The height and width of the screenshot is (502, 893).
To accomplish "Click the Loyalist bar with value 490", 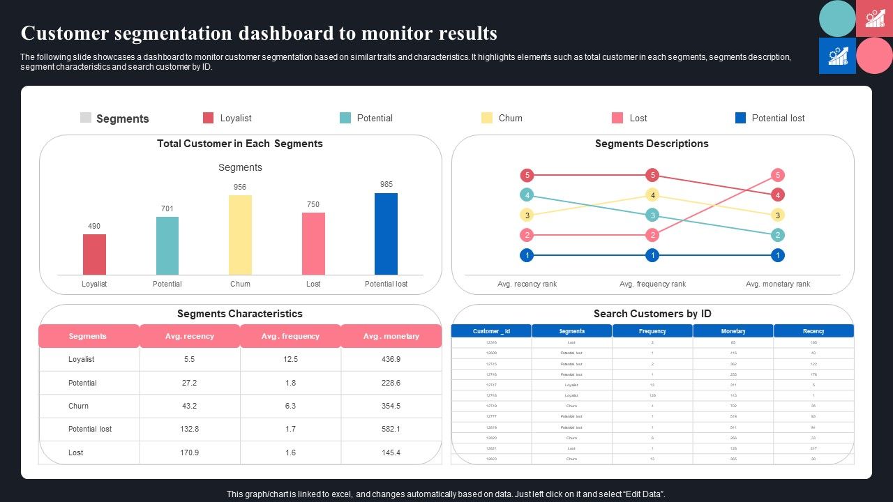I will [94, 254].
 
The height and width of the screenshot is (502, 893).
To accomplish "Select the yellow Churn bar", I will [240, 235].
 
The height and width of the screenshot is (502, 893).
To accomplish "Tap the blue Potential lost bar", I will [386, 234].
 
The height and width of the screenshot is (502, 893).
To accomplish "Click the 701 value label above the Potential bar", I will [167, 208].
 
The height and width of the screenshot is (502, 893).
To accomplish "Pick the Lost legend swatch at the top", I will [617, 118].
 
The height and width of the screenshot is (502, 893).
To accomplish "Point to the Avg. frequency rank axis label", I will [652, 284].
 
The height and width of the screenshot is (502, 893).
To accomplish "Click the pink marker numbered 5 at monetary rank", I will [778, 175].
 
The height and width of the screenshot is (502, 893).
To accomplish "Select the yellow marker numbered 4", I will [652, 195].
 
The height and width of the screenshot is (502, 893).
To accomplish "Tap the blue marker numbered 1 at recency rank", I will [527, 255].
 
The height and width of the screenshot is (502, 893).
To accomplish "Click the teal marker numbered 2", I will [778, 235].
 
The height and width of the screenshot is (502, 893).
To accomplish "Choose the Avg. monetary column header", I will [391, 336].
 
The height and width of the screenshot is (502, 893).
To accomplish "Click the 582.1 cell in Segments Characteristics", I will [391, 429].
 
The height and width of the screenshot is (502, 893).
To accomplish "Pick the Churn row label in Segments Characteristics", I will [78, 406].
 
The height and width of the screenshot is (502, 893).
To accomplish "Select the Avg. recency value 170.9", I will [189, 452].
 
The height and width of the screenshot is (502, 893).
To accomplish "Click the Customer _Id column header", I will [491, 331].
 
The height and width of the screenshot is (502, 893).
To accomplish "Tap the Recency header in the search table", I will [813, 331].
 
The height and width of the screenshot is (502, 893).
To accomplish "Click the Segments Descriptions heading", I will [652, 144].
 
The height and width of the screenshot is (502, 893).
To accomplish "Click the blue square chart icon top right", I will [837, 56].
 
